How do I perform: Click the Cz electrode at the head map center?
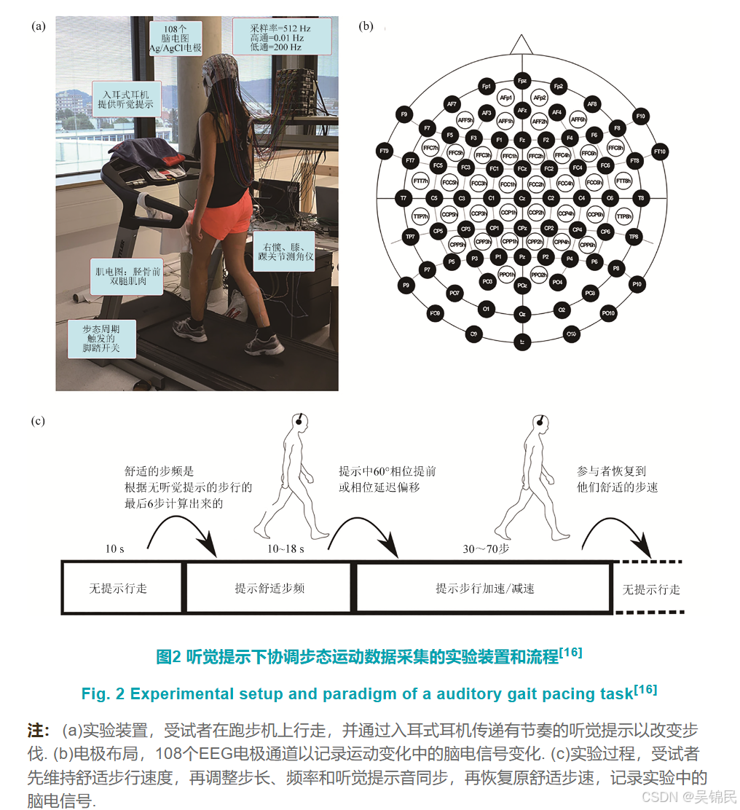pyautogui.click(x=521, y=198)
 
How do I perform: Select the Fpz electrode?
pyautogui.click(x=521, y=79)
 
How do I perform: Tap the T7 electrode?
pyautogui.click(x=402, y=198)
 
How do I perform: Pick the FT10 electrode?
pyautogui.click(x=660, y=152)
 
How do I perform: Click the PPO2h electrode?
pyautogui.click(x=538, y=275)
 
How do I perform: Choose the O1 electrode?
pyautogui.click(x=485, y=310)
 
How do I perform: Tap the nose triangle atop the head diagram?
pyautogui.click(x=521, y=44)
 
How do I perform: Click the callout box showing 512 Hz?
pyautogui.click(x=281, y=36)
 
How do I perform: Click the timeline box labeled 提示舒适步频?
pyautogui.click(x=269, y=588)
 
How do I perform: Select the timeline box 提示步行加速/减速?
pyautogui.click(x=484, y=588)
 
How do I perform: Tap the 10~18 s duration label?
pyautogui.click(x=286, y=548)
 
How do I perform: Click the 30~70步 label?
pyautogui.click(x=485, y=548)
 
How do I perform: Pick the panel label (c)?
pyautogui.click(x=38, y=420)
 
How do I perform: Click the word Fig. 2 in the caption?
pyautogui.click(x=101, y=694)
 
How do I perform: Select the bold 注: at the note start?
pyautogui.click(x=38, y=731)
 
